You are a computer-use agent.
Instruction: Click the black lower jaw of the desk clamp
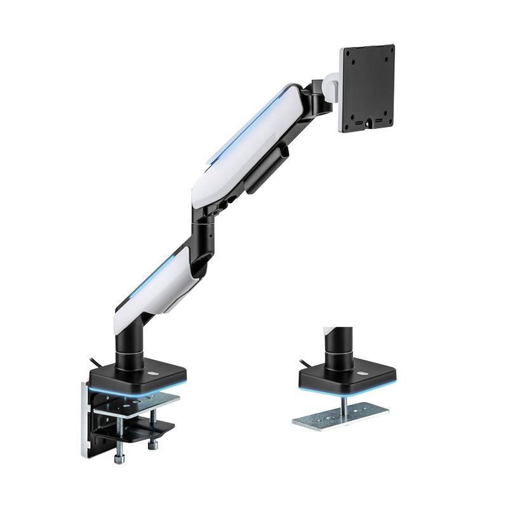[x=137, y=432]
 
